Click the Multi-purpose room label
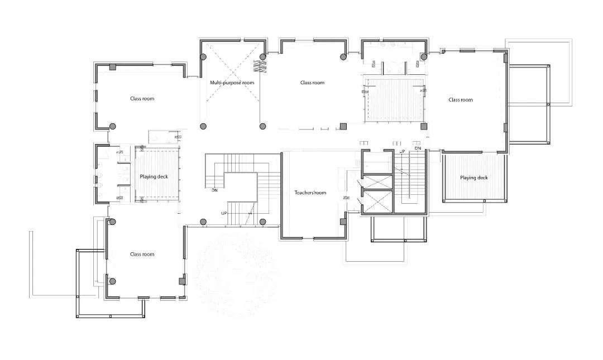[x=232, y=83]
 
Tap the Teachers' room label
[x=310, y=193]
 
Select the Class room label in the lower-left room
[x=142, y=254]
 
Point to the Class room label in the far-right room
[x=460, y=100]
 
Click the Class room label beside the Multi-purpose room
[x=312, y=83]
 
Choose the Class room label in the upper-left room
[x=142, y=99]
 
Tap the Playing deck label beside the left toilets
[x=154, y=177]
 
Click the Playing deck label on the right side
[x=474, y=177]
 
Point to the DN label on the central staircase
[x=214, y=190]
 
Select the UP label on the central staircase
[x=224, y=213]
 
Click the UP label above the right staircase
[x=402, y=152]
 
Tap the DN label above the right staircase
[x=418, y=148]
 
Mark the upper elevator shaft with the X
[x=377, y=182]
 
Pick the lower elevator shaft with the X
[x=377, y=201]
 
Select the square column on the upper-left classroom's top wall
[x=113, y=67]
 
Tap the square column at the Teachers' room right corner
[x=343, y=222]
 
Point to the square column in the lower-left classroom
[x=182, y=281]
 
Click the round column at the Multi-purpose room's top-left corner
[x=203, y=57]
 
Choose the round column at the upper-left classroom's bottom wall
[x=113, y=126]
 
